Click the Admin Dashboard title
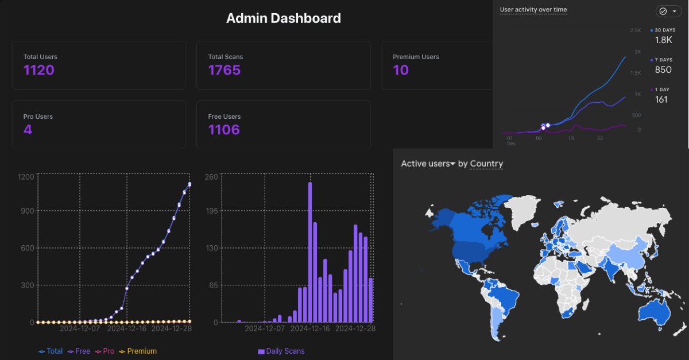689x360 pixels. tap(283, 18)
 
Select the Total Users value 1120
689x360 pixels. tap(39, 71)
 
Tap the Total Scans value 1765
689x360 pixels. tap(224, 71)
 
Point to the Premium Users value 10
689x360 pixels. tap(401, 71)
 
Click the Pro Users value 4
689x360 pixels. tap(28, 130)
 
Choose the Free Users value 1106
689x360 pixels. tap(224, 130)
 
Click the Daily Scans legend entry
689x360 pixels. tap(281, 351)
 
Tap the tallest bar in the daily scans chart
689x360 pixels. tap(310, 253)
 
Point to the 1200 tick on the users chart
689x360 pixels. tap(26, 176)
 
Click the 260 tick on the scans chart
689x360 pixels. tap(211, 176)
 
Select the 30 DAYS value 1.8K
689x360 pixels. tap(663, 40)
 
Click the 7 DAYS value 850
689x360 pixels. tap(663, 70)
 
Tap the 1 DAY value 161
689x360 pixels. tap(661, 100)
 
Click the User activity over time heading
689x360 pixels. tap(533, 10)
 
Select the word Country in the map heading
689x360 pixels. tap(486, 164)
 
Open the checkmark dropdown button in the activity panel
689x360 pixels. tap(668, 11)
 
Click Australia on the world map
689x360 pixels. tap(655, 313)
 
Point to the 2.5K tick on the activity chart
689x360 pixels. tap(635, 30)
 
